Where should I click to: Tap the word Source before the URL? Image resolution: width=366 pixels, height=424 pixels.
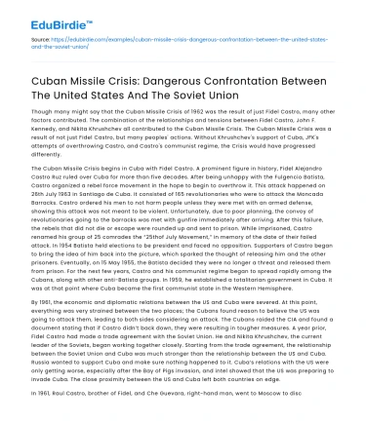click(43, 39)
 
